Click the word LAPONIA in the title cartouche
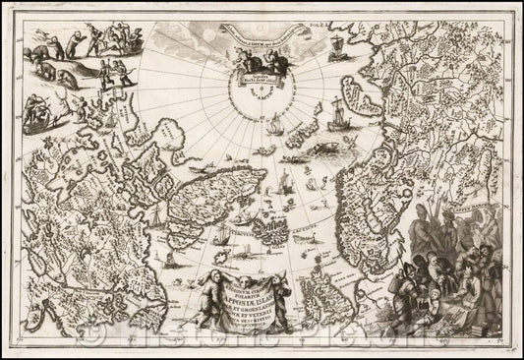(x=261, y=280)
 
